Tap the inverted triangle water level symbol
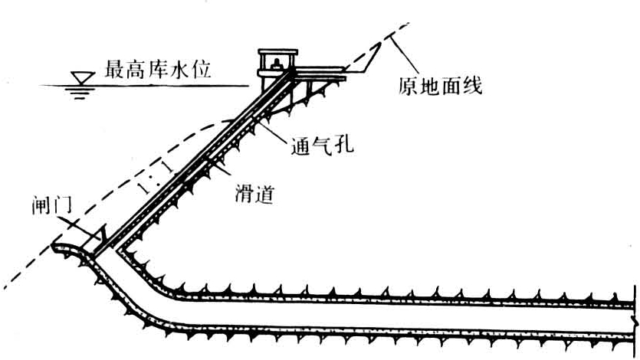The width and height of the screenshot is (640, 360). [x=77, y=79]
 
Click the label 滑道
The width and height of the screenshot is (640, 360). [x=254, y=195]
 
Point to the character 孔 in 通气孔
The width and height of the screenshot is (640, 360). [x=343, y=145]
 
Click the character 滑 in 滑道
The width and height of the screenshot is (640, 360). [x=243, y=195]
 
